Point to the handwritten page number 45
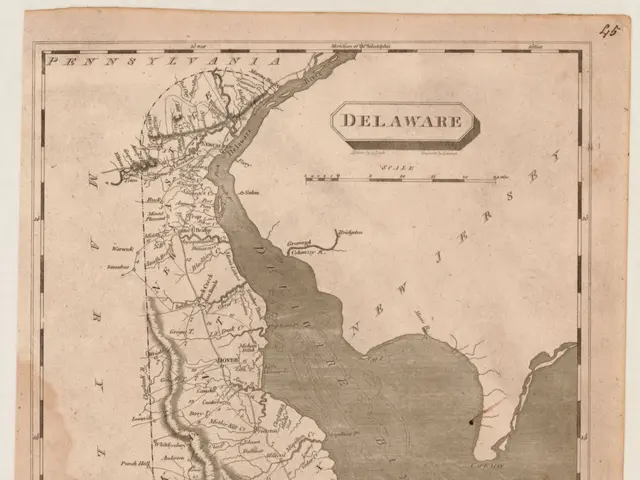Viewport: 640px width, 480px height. [608, 30]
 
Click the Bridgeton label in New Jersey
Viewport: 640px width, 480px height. [348, 231]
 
